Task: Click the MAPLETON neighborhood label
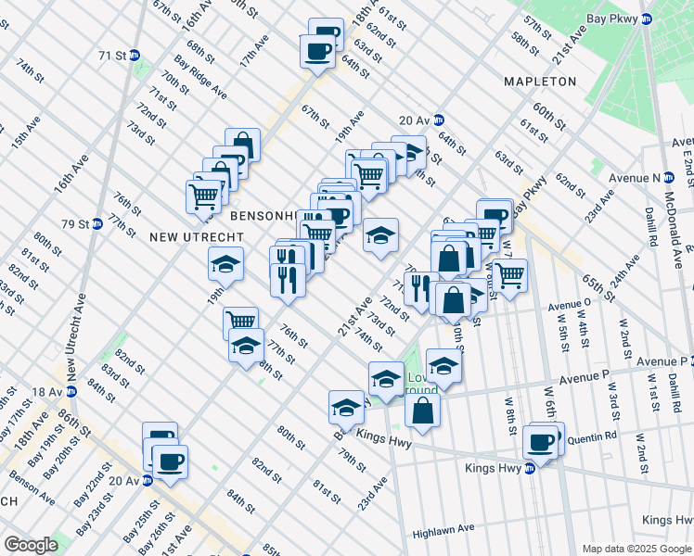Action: tap(540, 82)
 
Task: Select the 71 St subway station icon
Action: tap(135, 56)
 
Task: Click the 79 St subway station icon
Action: tap(96, 224)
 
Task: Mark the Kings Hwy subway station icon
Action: tap(530, 468)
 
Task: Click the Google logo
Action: tap(31, 545)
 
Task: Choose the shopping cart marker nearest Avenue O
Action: tap(509, 275)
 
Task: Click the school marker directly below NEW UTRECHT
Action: tap(225, 264)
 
